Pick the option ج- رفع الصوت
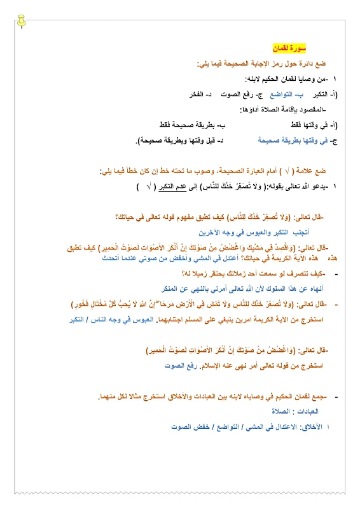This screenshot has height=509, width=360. coord(237,94)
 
